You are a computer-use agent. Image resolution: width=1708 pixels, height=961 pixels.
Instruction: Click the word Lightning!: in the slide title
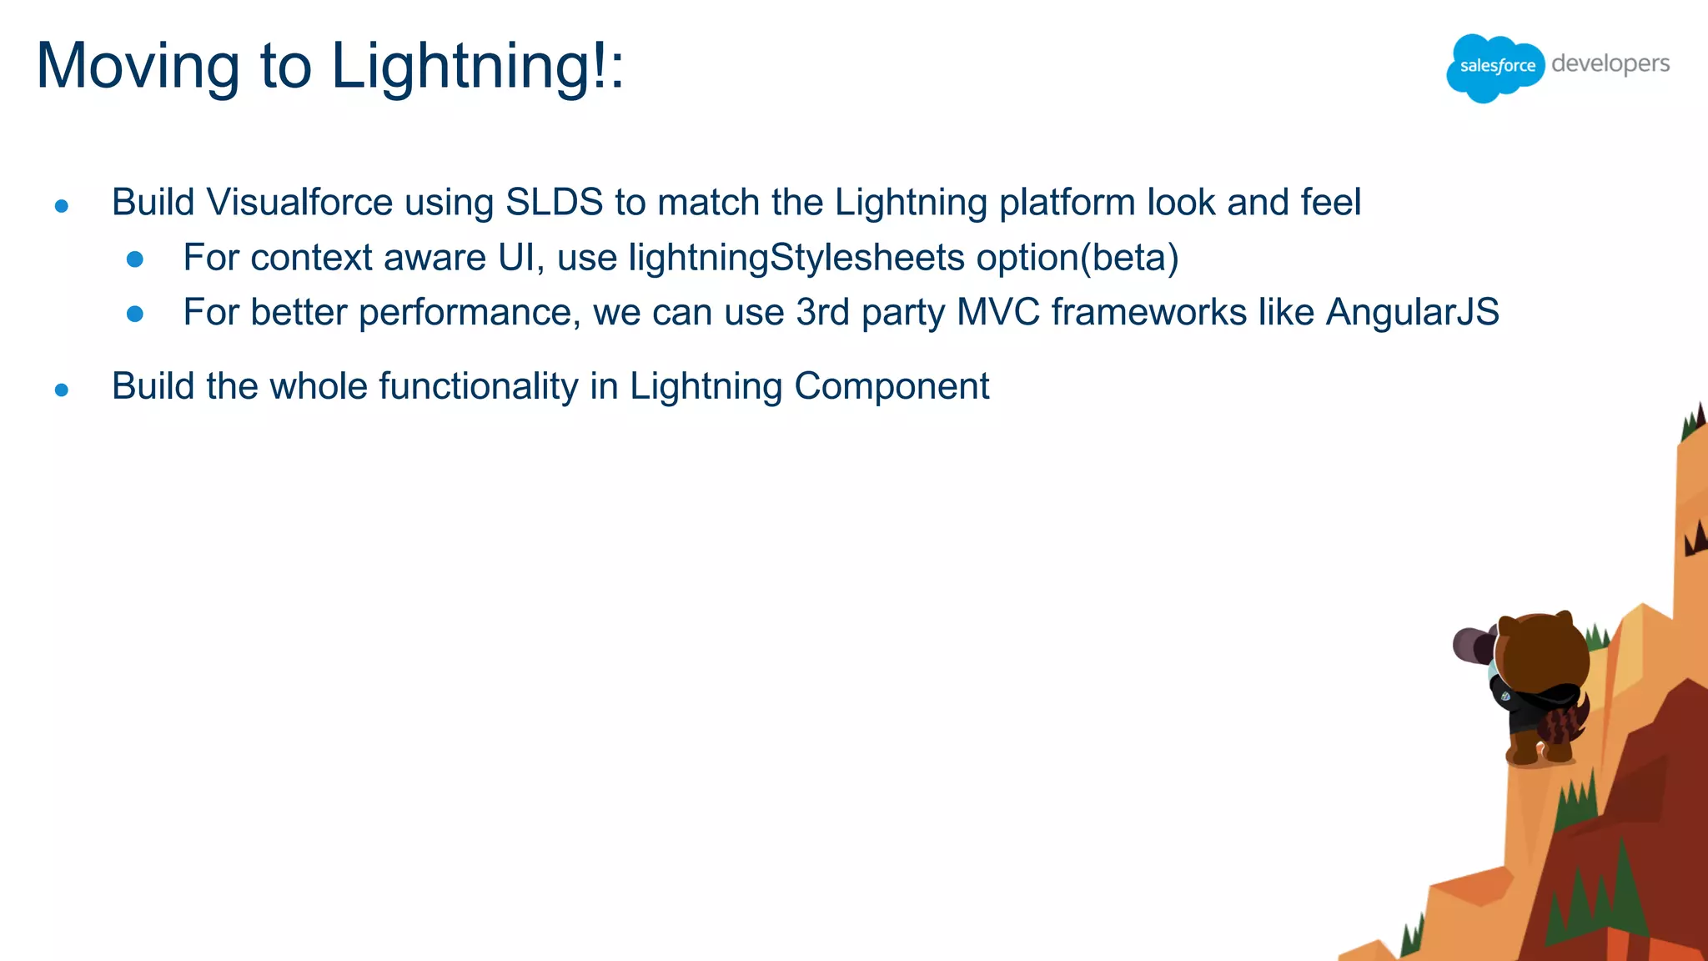point(477,67)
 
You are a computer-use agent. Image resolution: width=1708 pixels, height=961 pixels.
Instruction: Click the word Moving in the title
point(138,67)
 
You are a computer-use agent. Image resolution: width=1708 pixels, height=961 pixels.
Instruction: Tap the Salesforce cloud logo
point(1494,67)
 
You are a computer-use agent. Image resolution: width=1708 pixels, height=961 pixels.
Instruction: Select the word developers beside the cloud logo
point(1610,64)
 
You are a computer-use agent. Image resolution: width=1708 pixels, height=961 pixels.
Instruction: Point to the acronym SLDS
point(554,203)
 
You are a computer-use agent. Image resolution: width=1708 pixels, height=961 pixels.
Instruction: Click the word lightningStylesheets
point(796,258)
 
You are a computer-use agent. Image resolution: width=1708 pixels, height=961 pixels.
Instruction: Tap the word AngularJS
point(1413,313)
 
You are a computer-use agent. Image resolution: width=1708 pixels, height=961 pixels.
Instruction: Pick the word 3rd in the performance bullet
point(823,313)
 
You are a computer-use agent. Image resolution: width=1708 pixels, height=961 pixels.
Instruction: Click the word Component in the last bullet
point(892,386)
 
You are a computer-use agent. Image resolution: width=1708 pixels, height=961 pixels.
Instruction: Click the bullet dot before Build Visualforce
point(62,206)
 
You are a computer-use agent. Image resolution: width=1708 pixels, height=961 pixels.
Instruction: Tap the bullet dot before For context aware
point(135,260)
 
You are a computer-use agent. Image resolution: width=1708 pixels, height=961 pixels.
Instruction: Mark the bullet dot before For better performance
point(135,314)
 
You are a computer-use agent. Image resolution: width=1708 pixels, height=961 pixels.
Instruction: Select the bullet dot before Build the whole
point(62,390)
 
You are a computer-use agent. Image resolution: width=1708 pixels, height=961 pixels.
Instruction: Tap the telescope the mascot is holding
point(1473,645)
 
